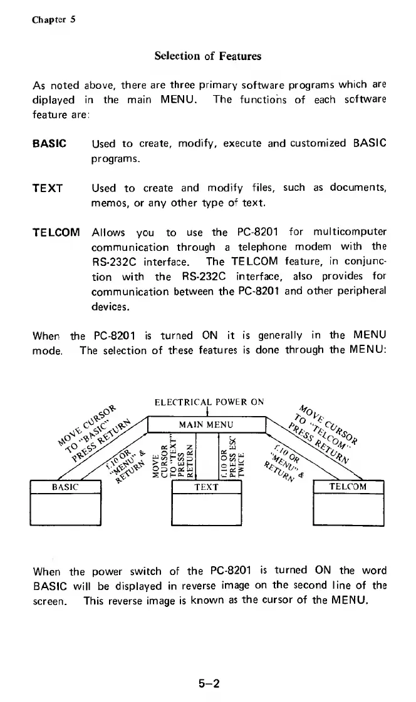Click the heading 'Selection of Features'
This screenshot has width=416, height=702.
tap(207, 56)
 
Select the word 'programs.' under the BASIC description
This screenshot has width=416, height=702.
tap(115, 159)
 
